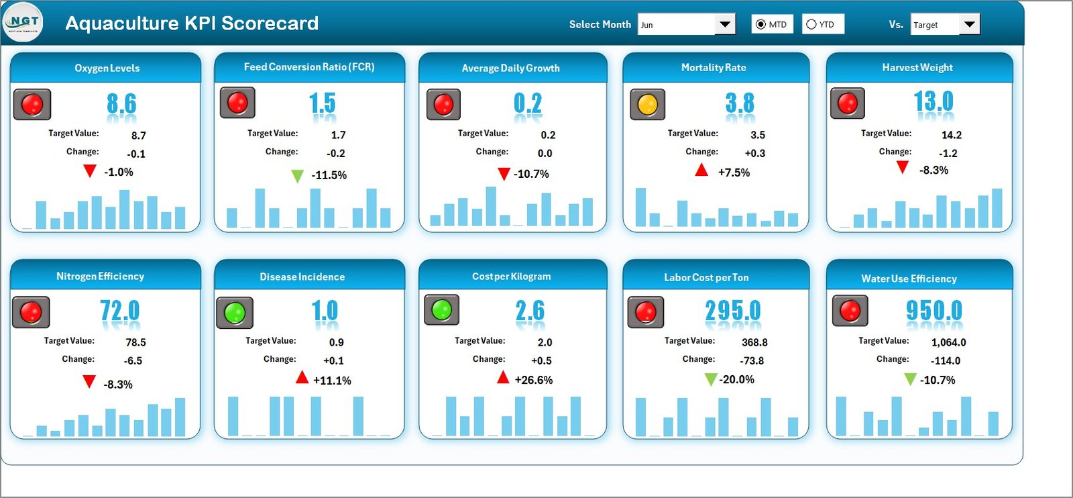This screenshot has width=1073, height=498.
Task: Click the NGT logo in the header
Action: [x=23, y=22]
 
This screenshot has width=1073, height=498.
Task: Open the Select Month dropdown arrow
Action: [x=724, y=25]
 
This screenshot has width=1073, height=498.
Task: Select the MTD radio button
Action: [x=760, y=24]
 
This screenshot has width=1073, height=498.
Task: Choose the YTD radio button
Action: [x=811, y=24]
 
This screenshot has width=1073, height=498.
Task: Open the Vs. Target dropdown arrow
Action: [x=969, y=25]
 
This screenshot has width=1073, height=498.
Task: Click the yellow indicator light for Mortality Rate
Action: [x=647, y=105]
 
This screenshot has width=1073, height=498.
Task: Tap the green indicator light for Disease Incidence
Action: [x=235, y=313]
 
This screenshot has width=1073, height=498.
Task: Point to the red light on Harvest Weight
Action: [x=848, y=103]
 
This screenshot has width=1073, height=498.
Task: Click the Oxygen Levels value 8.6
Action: [x=121, y=104]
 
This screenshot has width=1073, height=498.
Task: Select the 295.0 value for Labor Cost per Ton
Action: [x=733, y=311]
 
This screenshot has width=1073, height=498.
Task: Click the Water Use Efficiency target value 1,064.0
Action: [x=948, y=342]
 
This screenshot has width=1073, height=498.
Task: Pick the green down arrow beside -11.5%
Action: [x=297, y=176]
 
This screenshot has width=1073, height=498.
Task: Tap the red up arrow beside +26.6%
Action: [x=503, y=378]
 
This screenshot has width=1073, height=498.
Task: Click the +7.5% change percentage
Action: [x=734, y=172]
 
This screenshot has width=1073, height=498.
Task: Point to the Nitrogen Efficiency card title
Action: [x=100, y=276]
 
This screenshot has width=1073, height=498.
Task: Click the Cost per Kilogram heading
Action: [x=511, y=277]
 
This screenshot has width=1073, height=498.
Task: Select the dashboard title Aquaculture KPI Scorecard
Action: [x=192, y=23]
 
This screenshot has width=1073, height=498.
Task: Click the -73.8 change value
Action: [x=752, y=360]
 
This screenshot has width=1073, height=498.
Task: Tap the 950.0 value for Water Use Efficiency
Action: [x=934, y=311]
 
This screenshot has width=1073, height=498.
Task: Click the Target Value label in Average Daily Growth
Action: [x=483, y=134]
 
